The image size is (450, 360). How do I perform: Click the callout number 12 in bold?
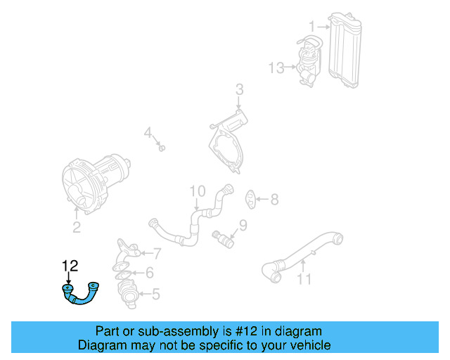(x=70, y=266)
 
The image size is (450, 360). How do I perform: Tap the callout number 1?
(x=311, y=26)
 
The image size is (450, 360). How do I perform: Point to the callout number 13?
(x=276, y=67)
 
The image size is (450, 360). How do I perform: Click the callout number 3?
(x=239, y=89)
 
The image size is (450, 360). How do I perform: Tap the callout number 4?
(x=148, y=132)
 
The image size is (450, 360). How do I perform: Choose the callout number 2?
(x=77, y=227)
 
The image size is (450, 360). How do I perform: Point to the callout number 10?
(x=197, y=191)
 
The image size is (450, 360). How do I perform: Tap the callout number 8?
(x=274, y=200)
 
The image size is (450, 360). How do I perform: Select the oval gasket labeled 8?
(x=250, y=199)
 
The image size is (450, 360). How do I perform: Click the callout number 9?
(x=243, y=225)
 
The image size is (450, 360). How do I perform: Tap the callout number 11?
(x=303, y=280)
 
